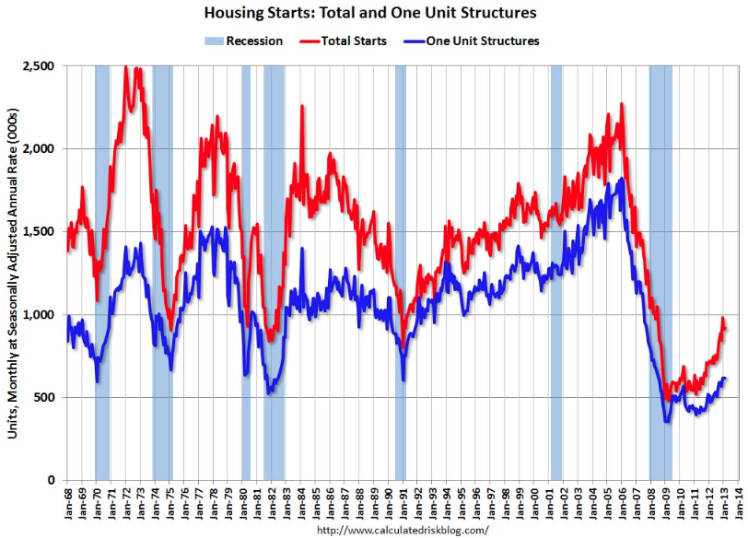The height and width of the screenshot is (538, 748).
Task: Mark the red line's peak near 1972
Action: coord(127,68)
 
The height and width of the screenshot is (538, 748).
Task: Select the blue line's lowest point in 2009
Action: coord(666,421)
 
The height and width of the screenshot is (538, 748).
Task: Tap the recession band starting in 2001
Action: coord(555,273)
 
